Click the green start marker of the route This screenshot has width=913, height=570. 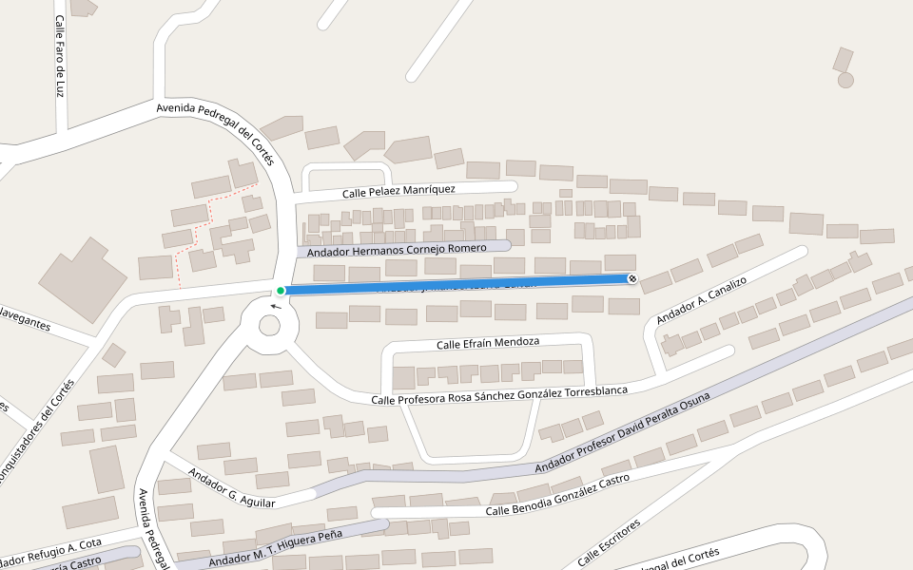pyautogui.click(x=281, y=291)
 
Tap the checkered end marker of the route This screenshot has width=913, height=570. pyautogui.click(x=632, y=278)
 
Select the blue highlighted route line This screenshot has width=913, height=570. pyautogui.click(x=456, y=284)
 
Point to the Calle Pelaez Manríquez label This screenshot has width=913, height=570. pyautogui.click(x=398, y=191)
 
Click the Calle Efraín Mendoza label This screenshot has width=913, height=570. pyautogui.click(x=488, y=342)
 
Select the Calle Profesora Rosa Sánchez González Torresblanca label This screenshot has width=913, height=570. pyautogui.click(x=499, y=395)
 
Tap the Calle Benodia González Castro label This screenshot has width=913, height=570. pyautogui.click(x=557, y=495)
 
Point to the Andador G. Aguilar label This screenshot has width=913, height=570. pyautogui.click(x=231, y=486)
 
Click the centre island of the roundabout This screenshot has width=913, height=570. pyautogui.click(x=269, y=325)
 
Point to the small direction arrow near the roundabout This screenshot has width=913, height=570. pyautogui.click(x=276, y=306)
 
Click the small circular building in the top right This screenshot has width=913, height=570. pyautogui.click(x=845, y=80)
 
